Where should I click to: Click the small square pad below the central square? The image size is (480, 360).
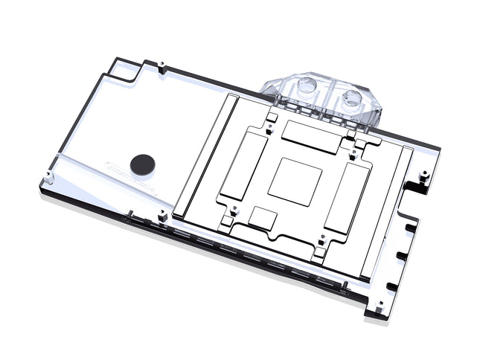tap(263, 218)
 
